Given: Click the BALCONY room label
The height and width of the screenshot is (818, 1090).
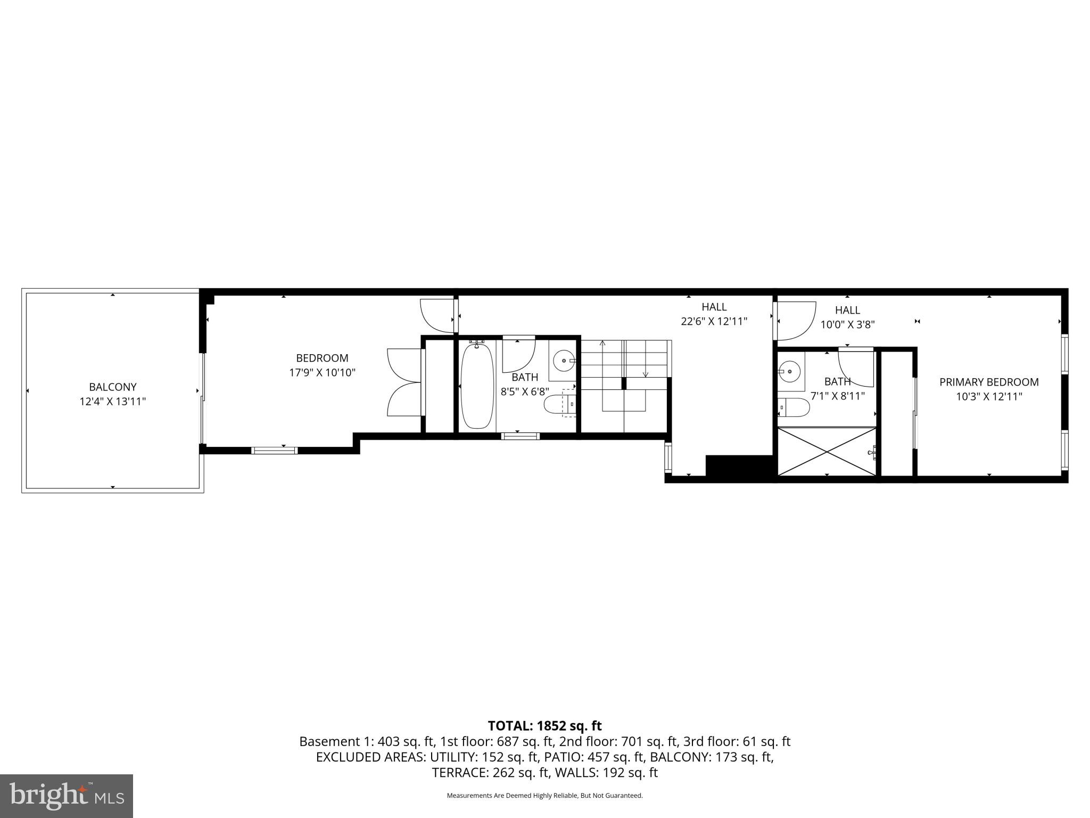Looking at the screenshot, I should point(112,387).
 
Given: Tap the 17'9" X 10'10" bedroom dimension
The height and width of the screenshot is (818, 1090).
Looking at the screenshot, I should point(322,373).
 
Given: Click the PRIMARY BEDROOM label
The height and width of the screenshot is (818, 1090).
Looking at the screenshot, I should point(989,382).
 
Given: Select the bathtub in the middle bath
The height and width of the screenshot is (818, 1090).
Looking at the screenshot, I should point(477,386).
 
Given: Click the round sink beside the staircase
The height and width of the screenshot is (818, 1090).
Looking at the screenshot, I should point(563,361).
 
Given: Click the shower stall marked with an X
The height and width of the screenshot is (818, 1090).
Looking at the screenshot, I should point(827,451).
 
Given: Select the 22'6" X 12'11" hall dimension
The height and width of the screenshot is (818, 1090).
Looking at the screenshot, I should point(714,321).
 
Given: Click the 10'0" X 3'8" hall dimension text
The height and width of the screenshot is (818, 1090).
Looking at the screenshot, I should point(847,324).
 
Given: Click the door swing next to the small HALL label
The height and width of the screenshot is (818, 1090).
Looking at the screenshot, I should point(796,320).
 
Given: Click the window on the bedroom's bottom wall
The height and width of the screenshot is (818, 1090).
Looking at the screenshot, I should point(274,451).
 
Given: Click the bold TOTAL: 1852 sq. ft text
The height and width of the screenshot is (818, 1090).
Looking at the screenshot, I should point(544,726).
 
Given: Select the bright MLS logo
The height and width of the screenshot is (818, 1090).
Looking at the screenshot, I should point(67,796).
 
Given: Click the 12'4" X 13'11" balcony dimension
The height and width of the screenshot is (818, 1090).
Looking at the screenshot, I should point(112,402).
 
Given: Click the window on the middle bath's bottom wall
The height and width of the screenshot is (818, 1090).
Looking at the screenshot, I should point(520,436).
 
